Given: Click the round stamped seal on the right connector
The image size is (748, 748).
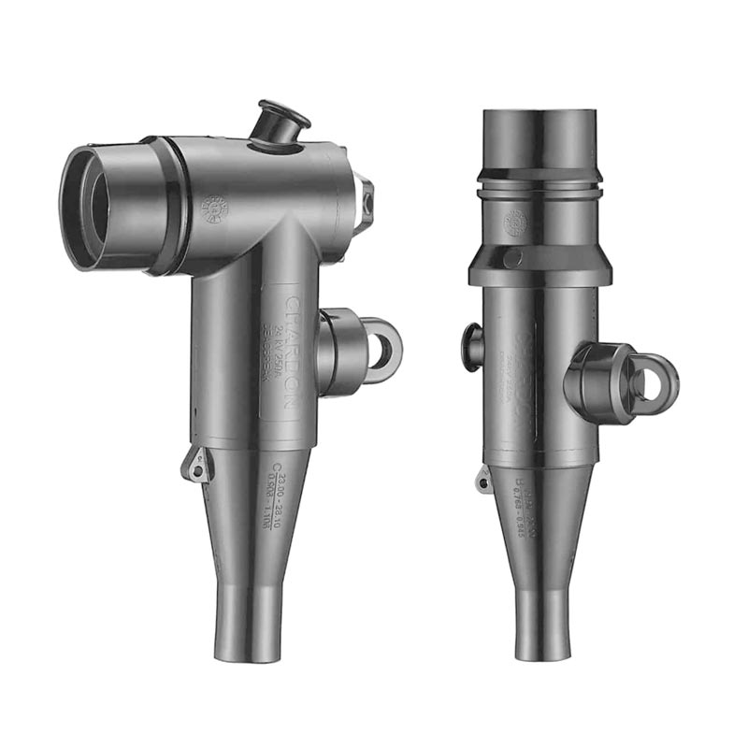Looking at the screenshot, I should click(x=515, y=223).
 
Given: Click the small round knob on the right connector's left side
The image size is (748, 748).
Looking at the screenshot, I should click(x=473, y=345).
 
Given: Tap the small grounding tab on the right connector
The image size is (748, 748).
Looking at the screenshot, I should click(x=483, y=481).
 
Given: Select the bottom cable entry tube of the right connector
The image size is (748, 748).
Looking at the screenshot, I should click(x=543, y=622).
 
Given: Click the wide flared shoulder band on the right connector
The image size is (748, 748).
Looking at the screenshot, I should click(x=539, y=263).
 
